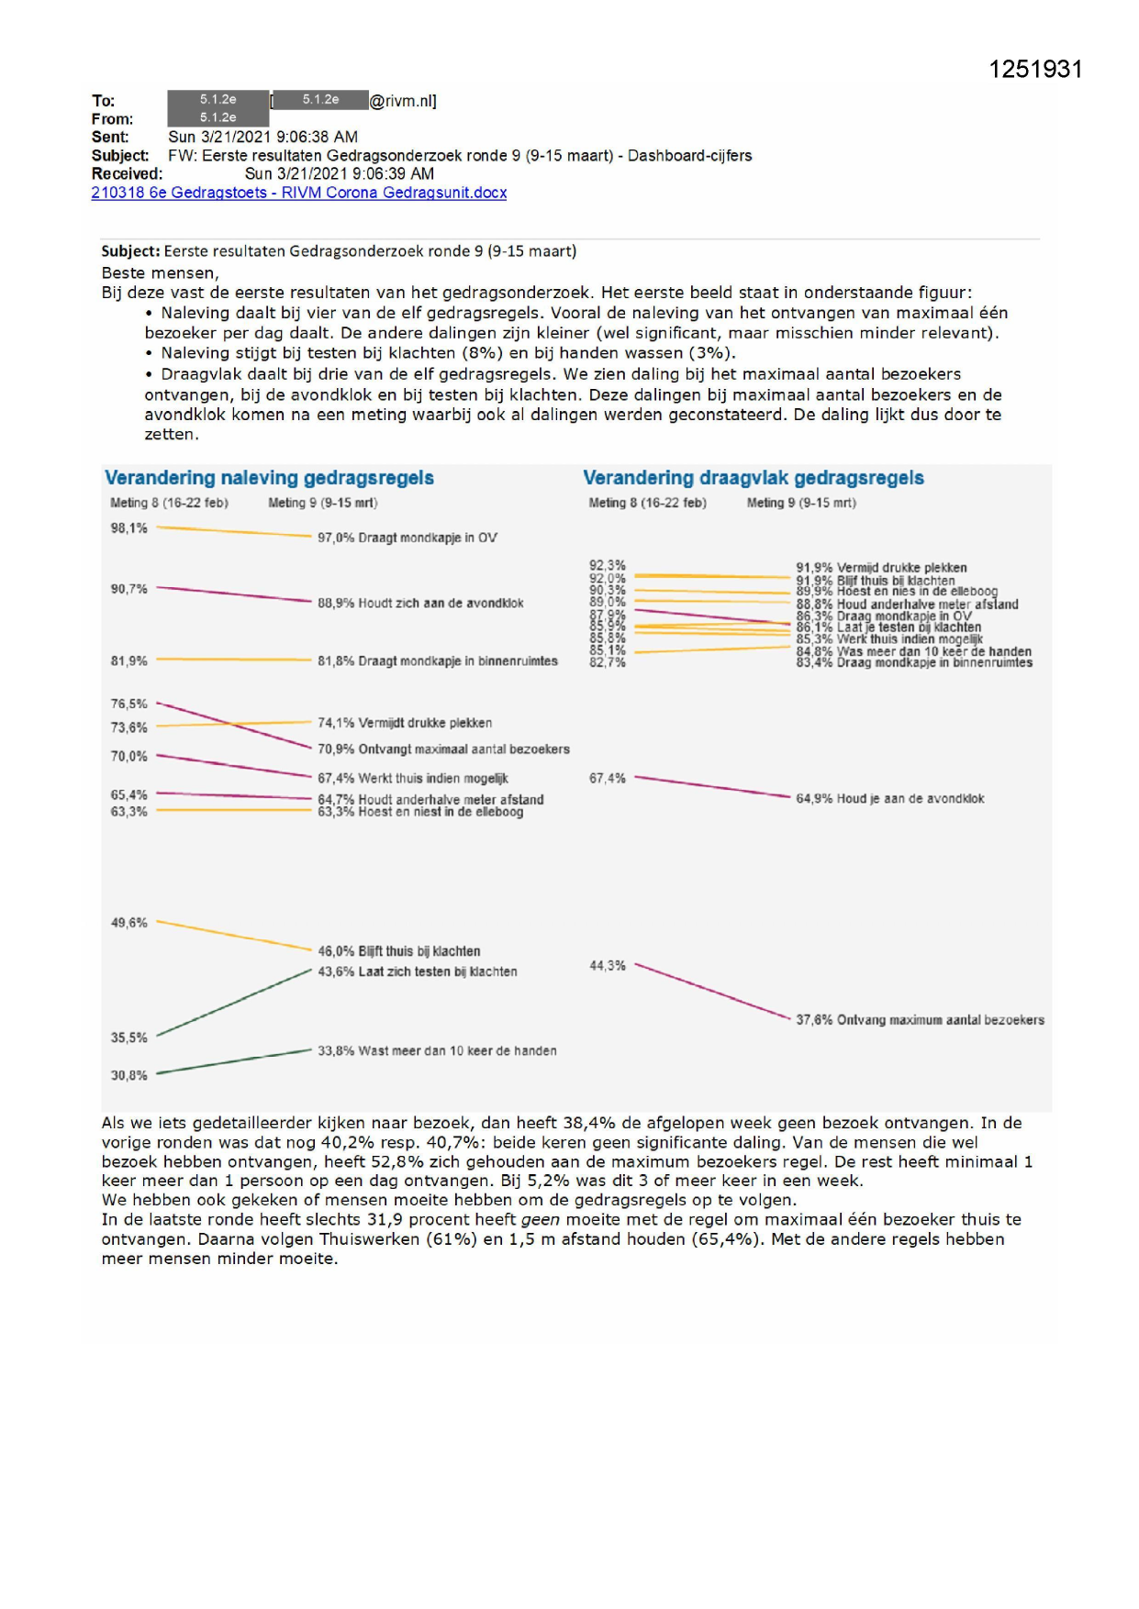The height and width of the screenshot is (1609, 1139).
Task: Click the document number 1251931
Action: tap(1035, 70)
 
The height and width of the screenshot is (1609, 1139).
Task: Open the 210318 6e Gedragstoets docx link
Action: tap(298, 193)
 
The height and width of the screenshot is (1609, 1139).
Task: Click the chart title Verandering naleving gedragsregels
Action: tap(269, 478)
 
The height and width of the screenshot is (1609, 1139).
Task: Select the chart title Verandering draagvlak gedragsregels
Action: tap(753, 478)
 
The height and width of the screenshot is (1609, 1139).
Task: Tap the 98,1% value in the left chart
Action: tap(128, 528)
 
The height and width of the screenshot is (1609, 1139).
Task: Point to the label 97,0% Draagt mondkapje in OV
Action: tap(407, 538)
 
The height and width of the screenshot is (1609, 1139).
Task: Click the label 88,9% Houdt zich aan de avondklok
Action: tap(420, 603)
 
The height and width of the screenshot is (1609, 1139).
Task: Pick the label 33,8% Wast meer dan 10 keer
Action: tap(437, 1050)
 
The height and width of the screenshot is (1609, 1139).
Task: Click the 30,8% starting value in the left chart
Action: tap(128, 1075)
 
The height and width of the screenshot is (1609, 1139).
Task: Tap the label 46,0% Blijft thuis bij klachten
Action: tap(398, 951)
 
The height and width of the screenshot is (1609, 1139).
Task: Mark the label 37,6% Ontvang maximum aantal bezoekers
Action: tap(920, 1019)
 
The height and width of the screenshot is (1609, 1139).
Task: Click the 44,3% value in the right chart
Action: tap(607, 966)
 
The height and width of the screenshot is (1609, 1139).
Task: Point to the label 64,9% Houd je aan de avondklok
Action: tap(889, 799)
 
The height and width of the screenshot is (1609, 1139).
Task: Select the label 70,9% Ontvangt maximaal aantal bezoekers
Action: tap(443, 749)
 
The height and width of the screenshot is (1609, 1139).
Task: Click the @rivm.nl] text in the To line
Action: tap(402, 101)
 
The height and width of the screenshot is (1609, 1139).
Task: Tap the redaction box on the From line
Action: tap(218, 118)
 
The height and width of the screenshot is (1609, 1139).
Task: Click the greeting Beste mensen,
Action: tap(160, 272)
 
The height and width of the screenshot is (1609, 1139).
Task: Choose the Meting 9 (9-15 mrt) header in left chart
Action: tap(322, 503)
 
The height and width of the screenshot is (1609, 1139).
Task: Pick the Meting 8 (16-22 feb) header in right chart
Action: tap(647, 503)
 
